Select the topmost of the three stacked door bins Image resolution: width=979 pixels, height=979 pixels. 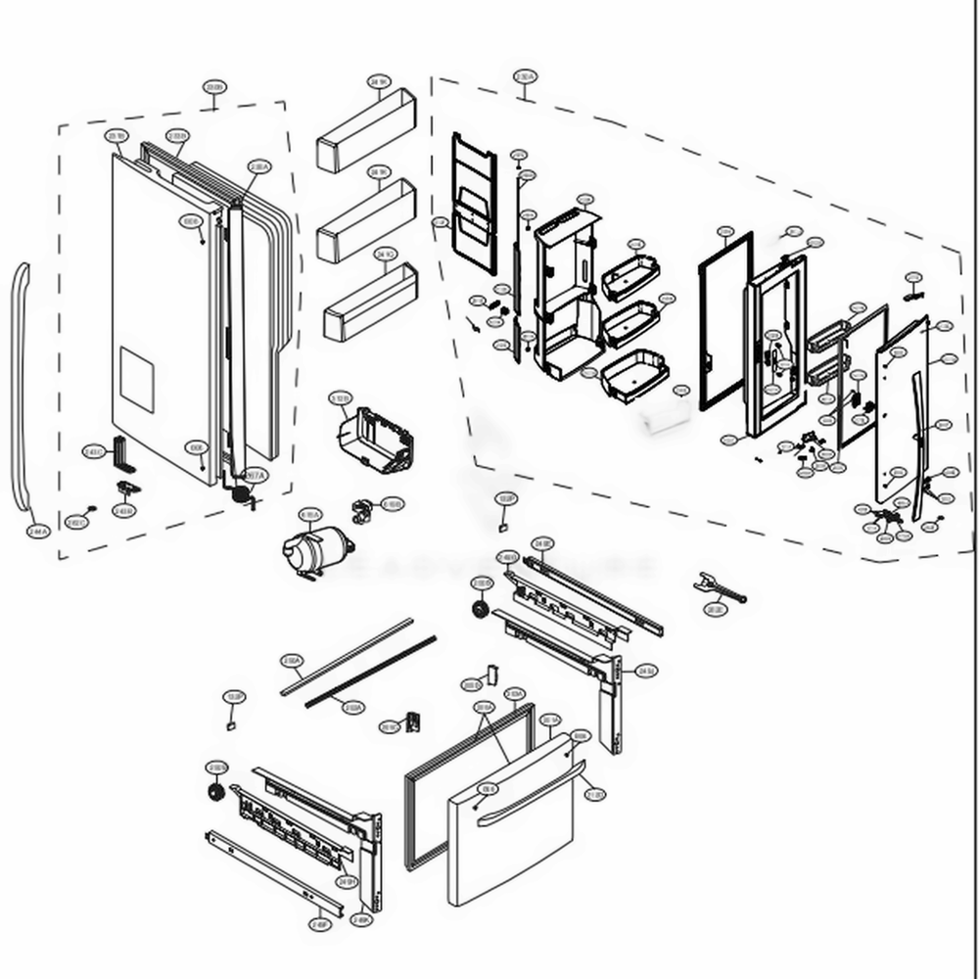(x=365, y=133)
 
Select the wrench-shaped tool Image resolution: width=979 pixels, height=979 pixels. (x=719, y=587)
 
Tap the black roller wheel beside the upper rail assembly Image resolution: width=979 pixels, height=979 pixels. (x=481, y=610)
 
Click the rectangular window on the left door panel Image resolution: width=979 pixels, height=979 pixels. (x=136, y=377)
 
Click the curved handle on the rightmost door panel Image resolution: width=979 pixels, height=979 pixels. (x=919, y=445)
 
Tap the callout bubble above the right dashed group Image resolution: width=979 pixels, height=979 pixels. (x=525, y=76)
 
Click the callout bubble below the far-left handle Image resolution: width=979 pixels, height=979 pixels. (x=37, y=532)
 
